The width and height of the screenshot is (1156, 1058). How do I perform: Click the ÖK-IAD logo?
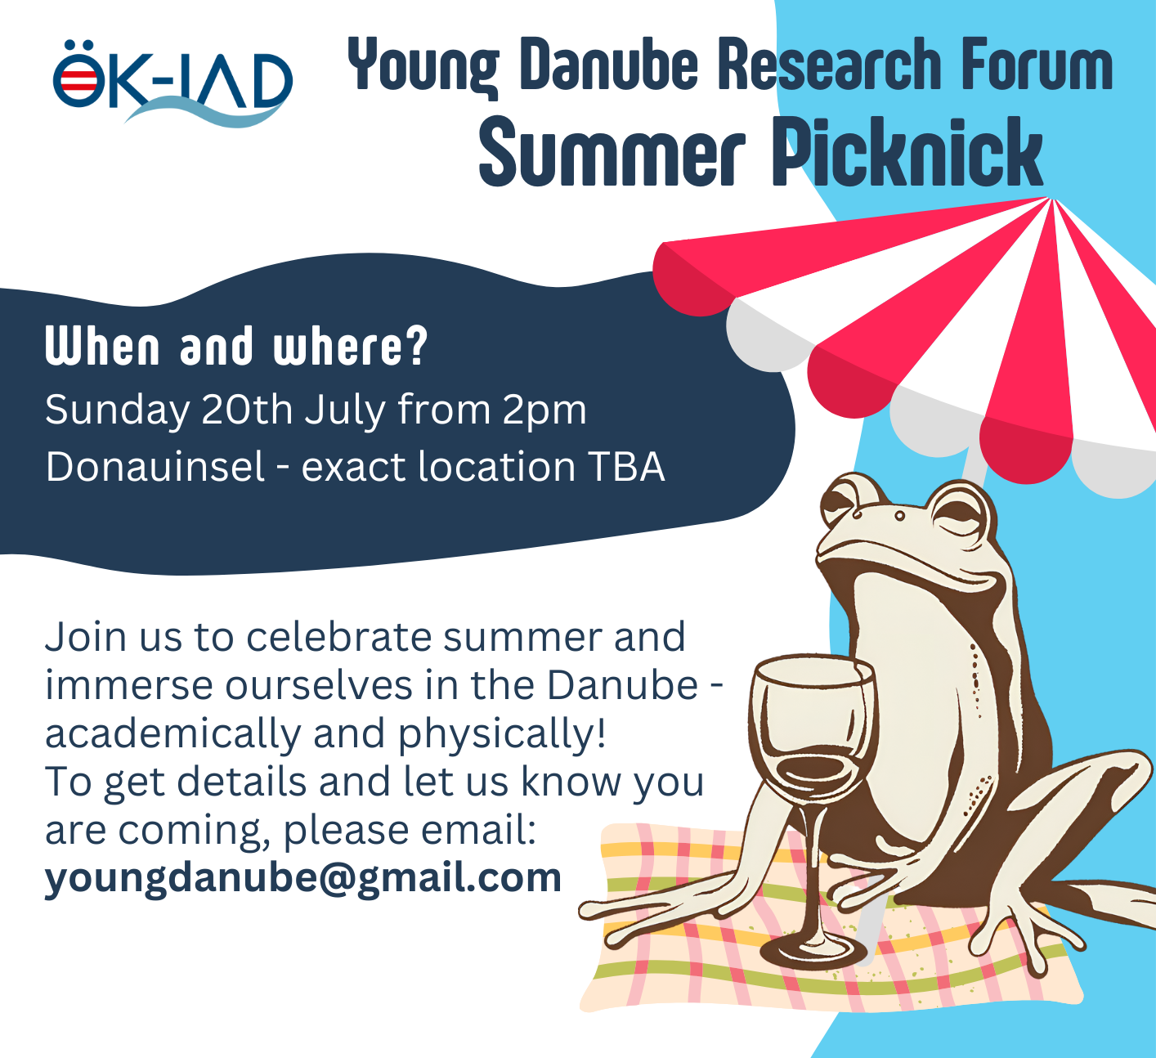point(173,82)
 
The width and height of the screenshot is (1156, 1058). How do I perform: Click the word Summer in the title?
point(612,153)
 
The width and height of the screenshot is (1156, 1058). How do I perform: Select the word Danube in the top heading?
point(609,64)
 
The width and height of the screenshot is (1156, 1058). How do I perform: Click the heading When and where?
point(236,346)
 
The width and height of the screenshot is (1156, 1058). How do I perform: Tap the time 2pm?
point(544,411)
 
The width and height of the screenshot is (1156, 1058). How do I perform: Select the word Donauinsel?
point(155,466)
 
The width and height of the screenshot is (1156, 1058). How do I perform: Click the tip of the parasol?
point(1051,199)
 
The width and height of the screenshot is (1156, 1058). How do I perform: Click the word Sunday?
point(117,411)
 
